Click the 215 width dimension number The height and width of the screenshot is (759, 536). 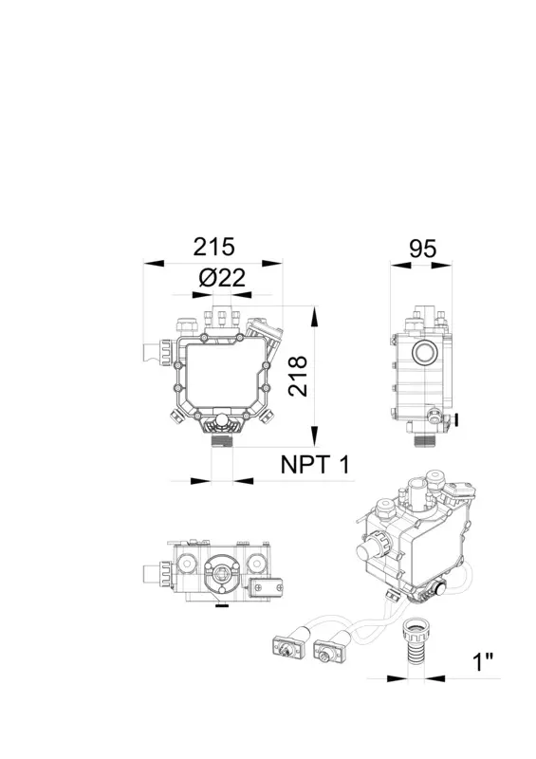(213, 247)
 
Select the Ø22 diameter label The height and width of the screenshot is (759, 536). (222, 278)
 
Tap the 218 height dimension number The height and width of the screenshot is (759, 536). (298, 376)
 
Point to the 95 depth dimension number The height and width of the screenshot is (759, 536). (423, 249)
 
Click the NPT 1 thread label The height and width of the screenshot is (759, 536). (315, 465)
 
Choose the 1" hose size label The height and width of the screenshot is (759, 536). (482, 661)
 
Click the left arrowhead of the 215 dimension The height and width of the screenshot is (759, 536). (154, 264)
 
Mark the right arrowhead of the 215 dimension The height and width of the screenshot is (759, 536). (271, 264)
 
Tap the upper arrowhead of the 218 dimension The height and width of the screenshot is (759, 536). (315, 316)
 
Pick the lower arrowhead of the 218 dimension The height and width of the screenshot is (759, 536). (315, 435)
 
